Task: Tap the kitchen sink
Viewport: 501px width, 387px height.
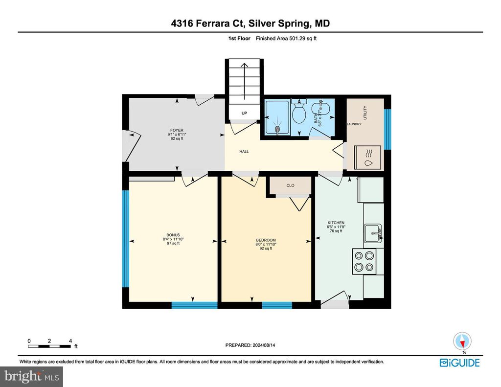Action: click(x=372, y=233)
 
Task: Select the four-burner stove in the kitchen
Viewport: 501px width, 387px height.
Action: click(x=364, y=261)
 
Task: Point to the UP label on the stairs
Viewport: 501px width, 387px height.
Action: click(x=244, y=113)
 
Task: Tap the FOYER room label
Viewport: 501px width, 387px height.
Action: click(x=177, y=130)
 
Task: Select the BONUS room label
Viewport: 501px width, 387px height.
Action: click(x=173, y=235)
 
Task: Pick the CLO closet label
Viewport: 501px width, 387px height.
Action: click(x=291, y=185)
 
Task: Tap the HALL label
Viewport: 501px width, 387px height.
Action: click(x=244, y=152)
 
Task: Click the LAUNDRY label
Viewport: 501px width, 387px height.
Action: click(x=354, y=124)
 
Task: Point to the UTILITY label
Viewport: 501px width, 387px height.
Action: click(x=365, y=113)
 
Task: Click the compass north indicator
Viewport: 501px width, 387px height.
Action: click(x=462, y=341)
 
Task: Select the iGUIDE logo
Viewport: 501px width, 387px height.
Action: click(x=460, y=363)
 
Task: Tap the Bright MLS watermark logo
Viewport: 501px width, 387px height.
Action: click(x=32, y=376)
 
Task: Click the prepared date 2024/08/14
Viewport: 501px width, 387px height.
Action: click(x=264, y=345)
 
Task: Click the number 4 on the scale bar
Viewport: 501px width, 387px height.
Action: click(x=70, y=341)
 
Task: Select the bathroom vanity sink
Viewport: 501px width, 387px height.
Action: click(x=320, y=108)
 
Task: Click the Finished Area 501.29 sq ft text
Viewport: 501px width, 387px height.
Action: click(x=286, y=38)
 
